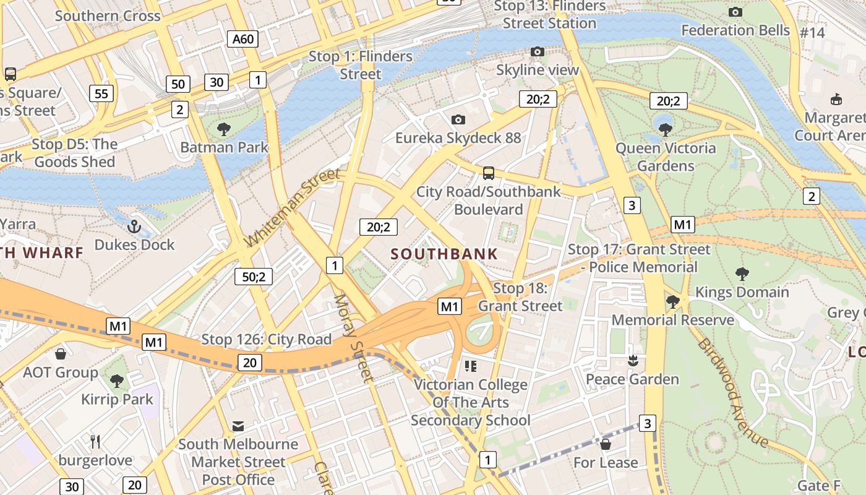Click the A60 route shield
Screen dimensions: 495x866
(242, 40)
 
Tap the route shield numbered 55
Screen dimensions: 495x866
(101, 94)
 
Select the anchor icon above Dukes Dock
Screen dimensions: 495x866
(134, 226)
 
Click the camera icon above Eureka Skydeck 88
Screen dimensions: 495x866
(458, 119)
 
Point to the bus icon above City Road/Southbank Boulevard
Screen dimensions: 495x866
(489, 173)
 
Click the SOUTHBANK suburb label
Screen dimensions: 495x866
(444, 254)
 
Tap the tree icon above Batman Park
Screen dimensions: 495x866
(224, 129)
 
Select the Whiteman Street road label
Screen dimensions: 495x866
(293, 207)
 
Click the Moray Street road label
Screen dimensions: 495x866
(354, 338)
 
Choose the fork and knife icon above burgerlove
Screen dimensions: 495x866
(95, 442)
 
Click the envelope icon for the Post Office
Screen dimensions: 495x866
(238, 426)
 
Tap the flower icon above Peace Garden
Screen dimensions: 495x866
(632, 360)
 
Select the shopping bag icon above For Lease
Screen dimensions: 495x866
(606, 444)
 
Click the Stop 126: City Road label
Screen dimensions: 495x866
(267, 340)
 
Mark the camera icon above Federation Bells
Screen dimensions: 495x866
(735, 12)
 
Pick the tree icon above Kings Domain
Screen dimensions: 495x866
(742, 273)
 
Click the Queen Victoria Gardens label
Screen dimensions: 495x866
(666, 157)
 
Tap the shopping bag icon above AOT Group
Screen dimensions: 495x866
(61, 354)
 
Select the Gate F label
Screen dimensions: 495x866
(819, 486)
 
